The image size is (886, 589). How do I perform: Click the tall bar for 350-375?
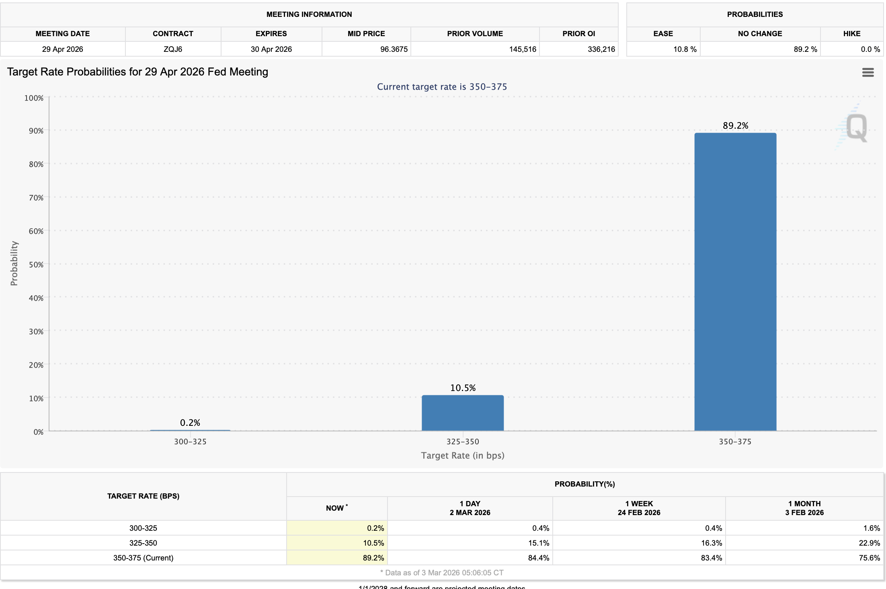[735, 281]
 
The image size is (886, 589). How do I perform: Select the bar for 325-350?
[462, 413]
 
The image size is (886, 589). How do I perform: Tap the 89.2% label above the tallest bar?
[735, 126]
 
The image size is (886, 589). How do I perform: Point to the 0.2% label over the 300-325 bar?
[190, 423]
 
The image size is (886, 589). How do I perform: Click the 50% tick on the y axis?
[36, 265]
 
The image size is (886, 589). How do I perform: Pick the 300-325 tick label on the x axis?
[190, 442]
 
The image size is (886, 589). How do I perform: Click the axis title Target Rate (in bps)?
[462, 456]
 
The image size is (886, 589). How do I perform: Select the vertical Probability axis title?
[14, 264]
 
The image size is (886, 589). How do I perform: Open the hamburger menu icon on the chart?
[868, 72]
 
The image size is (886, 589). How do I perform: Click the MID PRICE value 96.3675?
[394, 49]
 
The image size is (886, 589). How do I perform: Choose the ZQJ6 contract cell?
[173, 49]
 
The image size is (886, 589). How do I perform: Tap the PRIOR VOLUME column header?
[475, 34]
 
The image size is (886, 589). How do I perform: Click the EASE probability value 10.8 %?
[685, 49]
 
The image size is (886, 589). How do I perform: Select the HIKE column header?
[851, 34]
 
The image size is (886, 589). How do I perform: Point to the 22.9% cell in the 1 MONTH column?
[869, 543]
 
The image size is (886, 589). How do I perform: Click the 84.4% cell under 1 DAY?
[538, 558]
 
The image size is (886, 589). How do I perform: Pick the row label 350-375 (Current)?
[143, 558]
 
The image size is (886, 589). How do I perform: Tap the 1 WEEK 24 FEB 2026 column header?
[639, 508]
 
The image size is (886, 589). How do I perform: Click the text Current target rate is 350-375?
[442, 87]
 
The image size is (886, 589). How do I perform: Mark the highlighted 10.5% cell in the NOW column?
[373, 543]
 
